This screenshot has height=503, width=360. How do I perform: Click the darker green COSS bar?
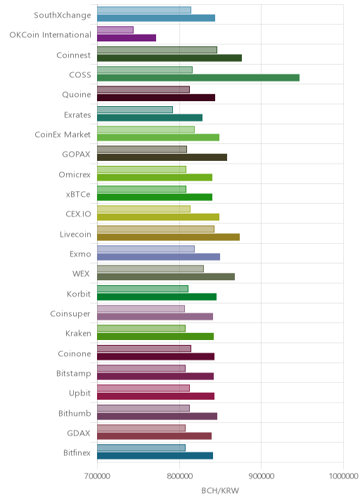(198, 78)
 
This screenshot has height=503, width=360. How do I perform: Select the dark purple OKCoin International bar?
(127, 38)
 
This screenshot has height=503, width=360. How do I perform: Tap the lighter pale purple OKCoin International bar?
(115, 30)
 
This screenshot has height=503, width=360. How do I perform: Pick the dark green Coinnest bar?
(169, 58)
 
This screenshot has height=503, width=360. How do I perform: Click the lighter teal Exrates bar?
(135, 110)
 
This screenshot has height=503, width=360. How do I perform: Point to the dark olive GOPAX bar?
(162, 157)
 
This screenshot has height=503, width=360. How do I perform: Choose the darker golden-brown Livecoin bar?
(168, 237)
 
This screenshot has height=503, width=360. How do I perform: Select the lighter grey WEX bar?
(150, 269)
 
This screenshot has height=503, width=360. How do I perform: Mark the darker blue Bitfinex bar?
(155, 455)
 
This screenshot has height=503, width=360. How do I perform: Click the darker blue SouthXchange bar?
(156, 18)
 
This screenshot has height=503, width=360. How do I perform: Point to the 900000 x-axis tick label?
(261, 476)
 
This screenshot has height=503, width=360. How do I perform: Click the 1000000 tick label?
(343, 476)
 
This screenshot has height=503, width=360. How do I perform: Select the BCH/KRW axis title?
(220, 490)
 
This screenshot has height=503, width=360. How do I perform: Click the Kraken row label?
(78, 333)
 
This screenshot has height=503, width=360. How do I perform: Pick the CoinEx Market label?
(63, 134)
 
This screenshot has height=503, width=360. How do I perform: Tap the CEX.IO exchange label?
(78, 214)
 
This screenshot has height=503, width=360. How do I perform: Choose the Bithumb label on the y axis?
(75, 413)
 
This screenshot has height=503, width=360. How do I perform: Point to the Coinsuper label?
(70, 314)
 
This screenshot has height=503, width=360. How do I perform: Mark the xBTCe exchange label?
(78, 194)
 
